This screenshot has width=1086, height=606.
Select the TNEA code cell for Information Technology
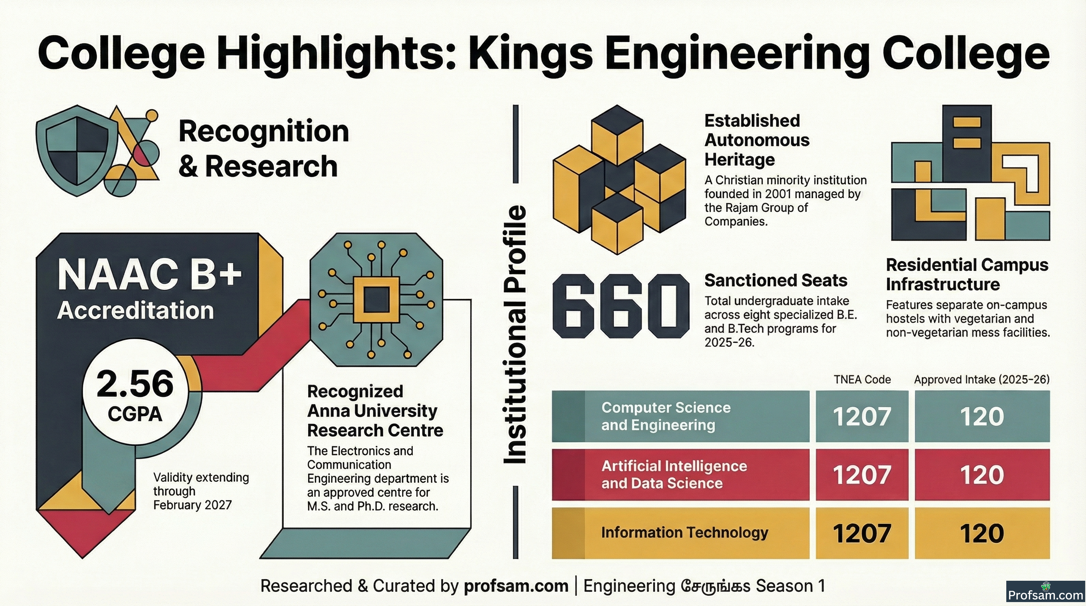[862, 533]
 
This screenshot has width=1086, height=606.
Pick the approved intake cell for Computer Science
[982, 416]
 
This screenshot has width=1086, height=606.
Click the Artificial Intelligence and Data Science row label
[674, 475]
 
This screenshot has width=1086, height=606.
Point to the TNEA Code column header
[862, 380]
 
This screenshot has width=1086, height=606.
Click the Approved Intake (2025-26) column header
[981, 380]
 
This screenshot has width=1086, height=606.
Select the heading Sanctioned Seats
[776, 281]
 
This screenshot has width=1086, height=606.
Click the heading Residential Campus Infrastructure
[967, 275]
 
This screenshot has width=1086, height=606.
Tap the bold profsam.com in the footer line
[516, 586]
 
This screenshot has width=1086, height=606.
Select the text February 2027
[192, 505]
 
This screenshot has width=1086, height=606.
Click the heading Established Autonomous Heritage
[757, 140]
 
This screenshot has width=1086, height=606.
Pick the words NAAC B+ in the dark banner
[150, 274]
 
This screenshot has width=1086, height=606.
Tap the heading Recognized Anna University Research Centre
[375, 411]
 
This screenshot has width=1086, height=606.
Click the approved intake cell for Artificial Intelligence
[982, 475]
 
